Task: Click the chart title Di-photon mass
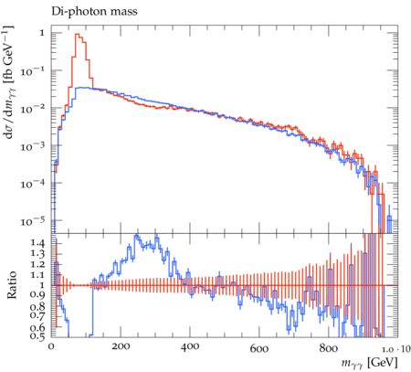tap(94, 12)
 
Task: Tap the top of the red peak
tap(77, 34)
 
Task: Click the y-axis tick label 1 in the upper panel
tap(42, 33)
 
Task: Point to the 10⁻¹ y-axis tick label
tap(33, 71)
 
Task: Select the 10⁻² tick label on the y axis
tap(33, 109)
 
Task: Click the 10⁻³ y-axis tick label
tap(33, 146)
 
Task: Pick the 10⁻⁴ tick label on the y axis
tap(33, 184)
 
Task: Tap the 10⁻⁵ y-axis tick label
tap(33, 221)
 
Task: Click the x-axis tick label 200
tap(121, 346)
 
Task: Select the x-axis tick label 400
tap(190, 346)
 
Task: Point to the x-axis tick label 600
tap(259, 346)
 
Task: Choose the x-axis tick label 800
tap(329, 346)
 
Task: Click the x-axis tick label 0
tap(51, 346)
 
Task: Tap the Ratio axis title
tap(12, 285)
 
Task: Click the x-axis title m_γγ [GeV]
tap(369, 363)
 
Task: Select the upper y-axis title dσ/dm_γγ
tap(10, 81)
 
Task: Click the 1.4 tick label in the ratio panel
tap(37, 243)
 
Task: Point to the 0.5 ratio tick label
tap(37, 335)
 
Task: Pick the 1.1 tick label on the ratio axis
tap(37, 274)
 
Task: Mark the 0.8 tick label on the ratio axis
tap(37, 306)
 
